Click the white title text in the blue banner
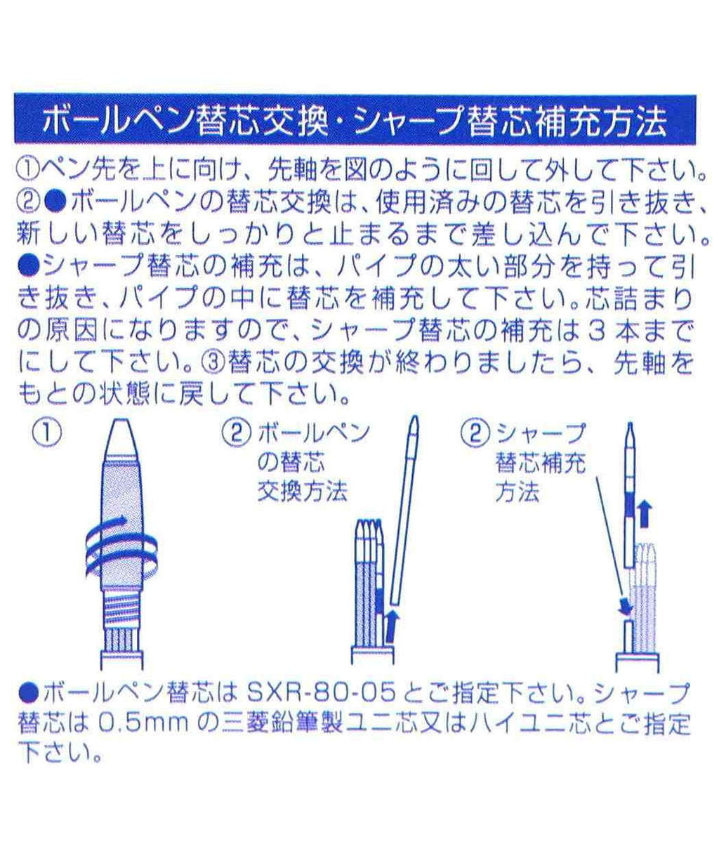point(355,120)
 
